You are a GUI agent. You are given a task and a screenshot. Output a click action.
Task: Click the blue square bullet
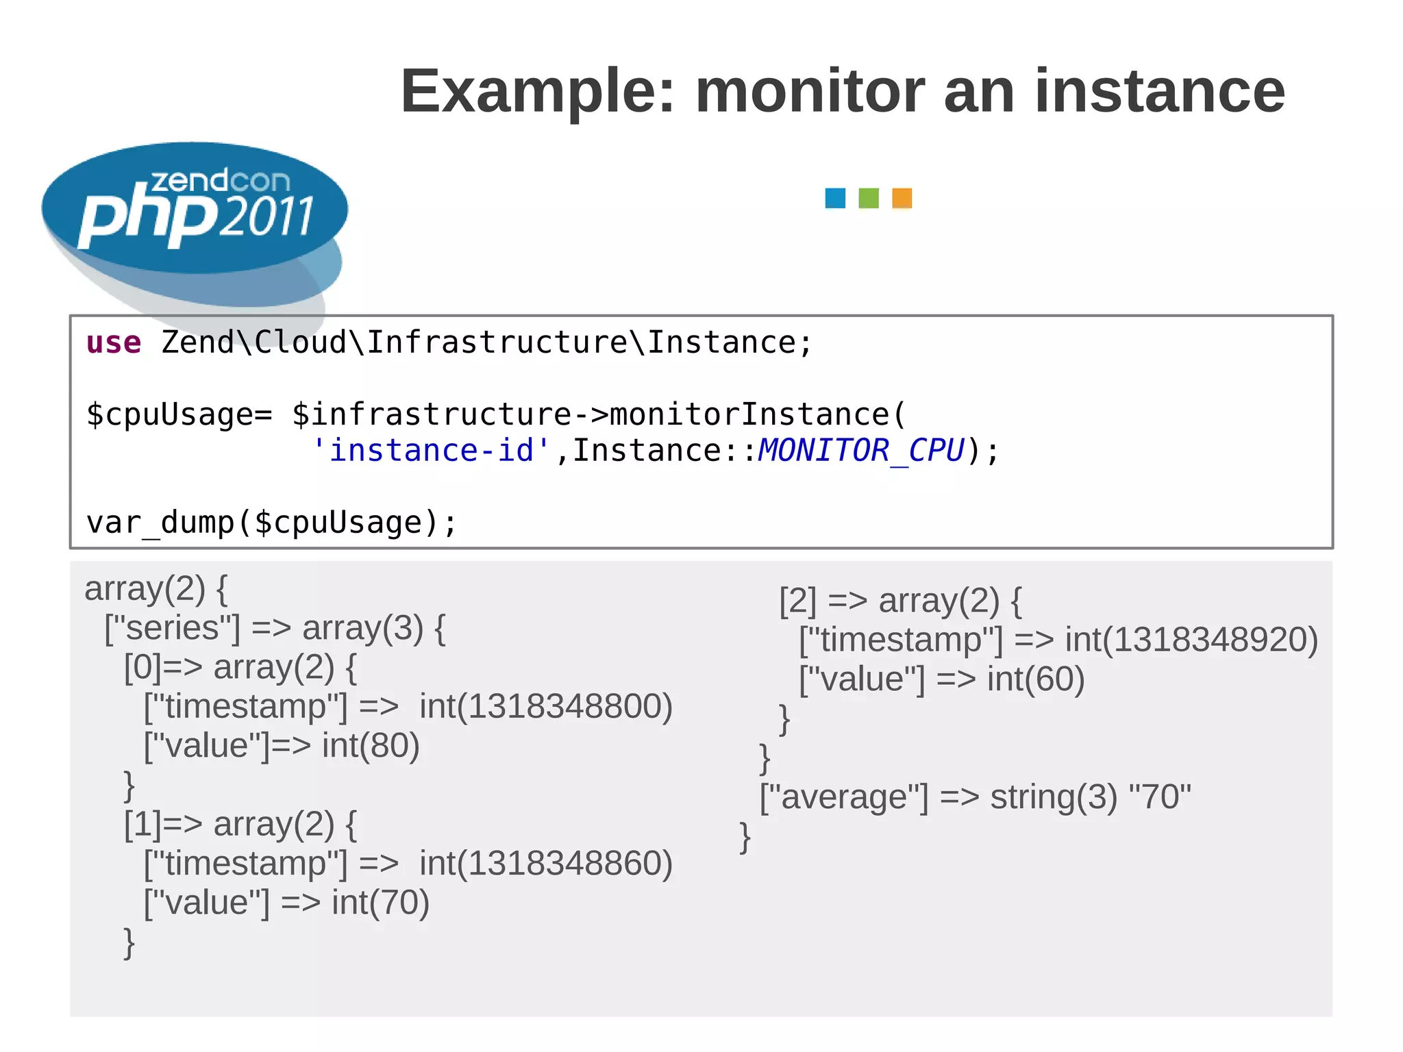tap(835, 198)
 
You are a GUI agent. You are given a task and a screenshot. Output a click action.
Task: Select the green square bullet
tap(869, 198)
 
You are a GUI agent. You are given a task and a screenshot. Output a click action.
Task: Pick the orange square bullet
tap(902, 198)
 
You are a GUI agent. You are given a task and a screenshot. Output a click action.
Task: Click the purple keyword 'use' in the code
tap(114, 342)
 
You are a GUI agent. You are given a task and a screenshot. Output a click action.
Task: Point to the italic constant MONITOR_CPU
tap(860, 451)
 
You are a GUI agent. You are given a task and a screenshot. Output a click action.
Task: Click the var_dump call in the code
tap(271, 523)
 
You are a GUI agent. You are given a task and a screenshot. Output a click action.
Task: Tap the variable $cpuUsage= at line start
tap(179, 415)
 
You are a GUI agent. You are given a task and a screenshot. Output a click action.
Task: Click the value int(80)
tap(371, 745)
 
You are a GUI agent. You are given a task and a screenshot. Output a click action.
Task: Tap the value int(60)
tap(1035, 679)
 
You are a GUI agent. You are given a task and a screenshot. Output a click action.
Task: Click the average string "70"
tap(1159, 797)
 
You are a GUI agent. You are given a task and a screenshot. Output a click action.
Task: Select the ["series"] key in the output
tap(173, 628)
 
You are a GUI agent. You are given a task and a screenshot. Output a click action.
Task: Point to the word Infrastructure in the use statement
tap(497, 342)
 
